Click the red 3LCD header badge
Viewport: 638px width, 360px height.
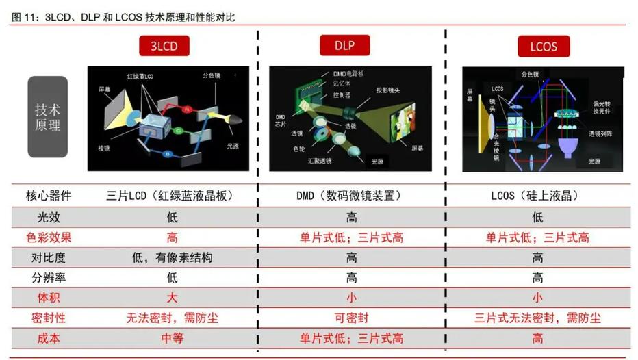tap(164, 47)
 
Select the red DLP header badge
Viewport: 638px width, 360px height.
tap(345, 45)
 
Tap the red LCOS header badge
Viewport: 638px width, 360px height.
tap(537, 47)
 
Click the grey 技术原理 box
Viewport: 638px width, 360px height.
tap(47, 117)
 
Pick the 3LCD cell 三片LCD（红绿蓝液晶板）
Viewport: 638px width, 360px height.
tap(171, 196)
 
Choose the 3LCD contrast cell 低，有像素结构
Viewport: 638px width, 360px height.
tap(171, 258)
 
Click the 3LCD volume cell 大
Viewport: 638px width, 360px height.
tap(171, 298)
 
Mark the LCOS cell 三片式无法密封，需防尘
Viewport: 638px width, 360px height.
tap(537, 318)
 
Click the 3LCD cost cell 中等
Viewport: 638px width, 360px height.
tap(171, 338)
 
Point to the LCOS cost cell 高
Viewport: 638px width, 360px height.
tap(537, 338)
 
